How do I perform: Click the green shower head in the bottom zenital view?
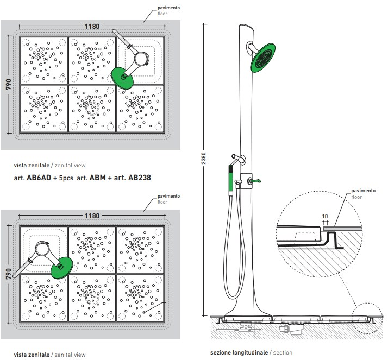pos(62,267)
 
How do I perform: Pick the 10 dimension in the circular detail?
pos(325,217)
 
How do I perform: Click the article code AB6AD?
pos(39,178)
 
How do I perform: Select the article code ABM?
pos(98,178)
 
